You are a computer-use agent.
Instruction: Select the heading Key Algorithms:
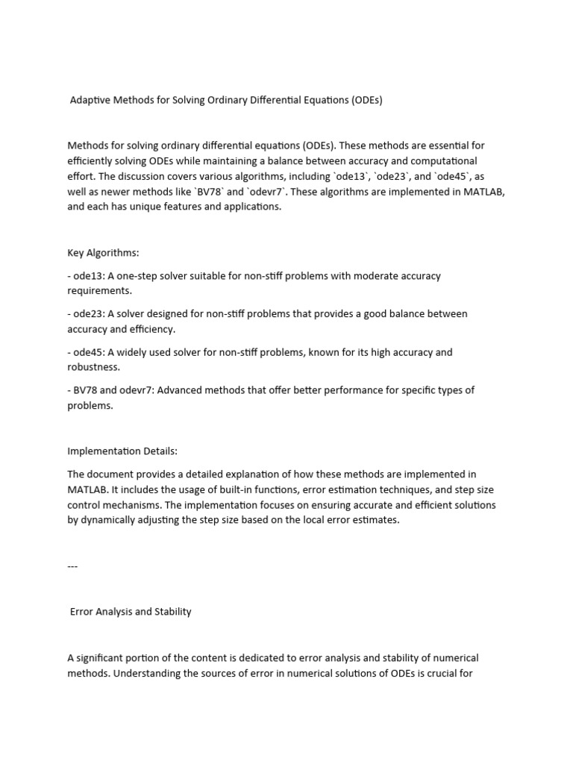tap(103, 253)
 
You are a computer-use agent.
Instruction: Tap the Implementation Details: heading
tap(122, 451)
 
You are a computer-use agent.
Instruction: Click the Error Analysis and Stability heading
tap(131, 611)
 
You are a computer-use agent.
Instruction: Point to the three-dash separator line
tap(72, 566)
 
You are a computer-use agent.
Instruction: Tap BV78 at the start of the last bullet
tap(84, 390)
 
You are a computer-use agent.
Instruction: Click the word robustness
tap(92, 367)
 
